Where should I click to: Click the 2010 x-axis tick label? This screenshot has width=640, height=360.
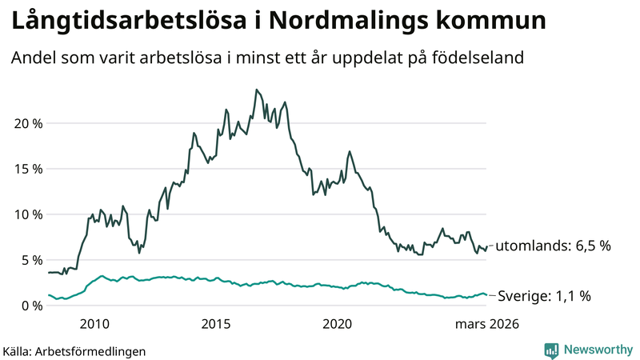point(94,324)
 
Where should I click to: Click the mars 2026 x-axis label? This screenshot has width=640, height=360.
point(487,324)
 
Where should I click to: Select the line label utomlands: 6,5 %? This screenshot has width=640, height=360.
point(553,246)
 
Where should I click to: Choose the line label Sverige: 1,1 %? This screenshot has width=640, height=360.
point(544,296)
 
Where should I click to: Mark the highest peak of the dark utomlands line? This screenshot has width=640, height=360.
point(256,90)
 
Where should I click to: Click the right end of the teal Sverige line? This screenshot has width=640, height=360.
point(486,295)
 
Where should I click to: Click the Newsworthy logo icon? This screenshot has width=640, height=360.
point(551,350)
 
